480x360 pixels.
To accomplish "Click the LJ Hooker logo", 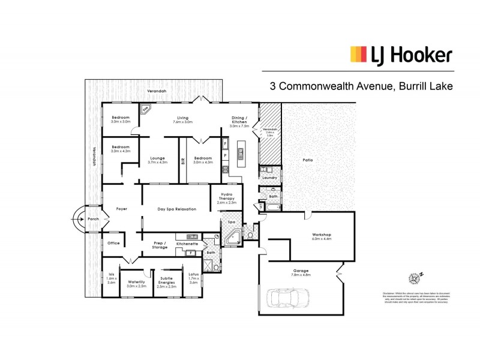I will [401, 56].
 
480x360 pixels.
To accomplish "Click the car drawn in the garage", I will [290, 298].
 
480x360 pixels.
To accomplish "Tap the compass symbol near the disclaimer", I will [415, 278].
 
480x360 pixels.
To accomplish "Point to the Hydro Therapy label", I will [227, 198].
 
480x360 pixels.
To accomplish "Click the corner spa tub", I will [233, 238].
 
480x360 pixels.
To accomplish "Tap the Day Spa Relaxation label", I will [177, 208].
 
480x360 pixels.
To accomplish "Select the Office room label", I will [113, 243].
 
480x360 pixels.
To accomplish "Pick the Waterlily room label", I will [137, 283].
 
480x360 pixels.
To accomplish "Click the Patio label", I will [308, 160].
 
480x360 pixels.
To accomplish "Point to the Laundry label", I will [269, 178].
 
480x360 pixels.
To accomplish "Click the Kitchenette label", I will [186, 244].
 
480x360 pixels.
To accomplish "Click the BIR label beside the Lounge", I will [183, 161].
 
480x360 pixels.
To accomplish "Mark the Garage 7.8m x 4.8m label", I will [301, 272].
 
